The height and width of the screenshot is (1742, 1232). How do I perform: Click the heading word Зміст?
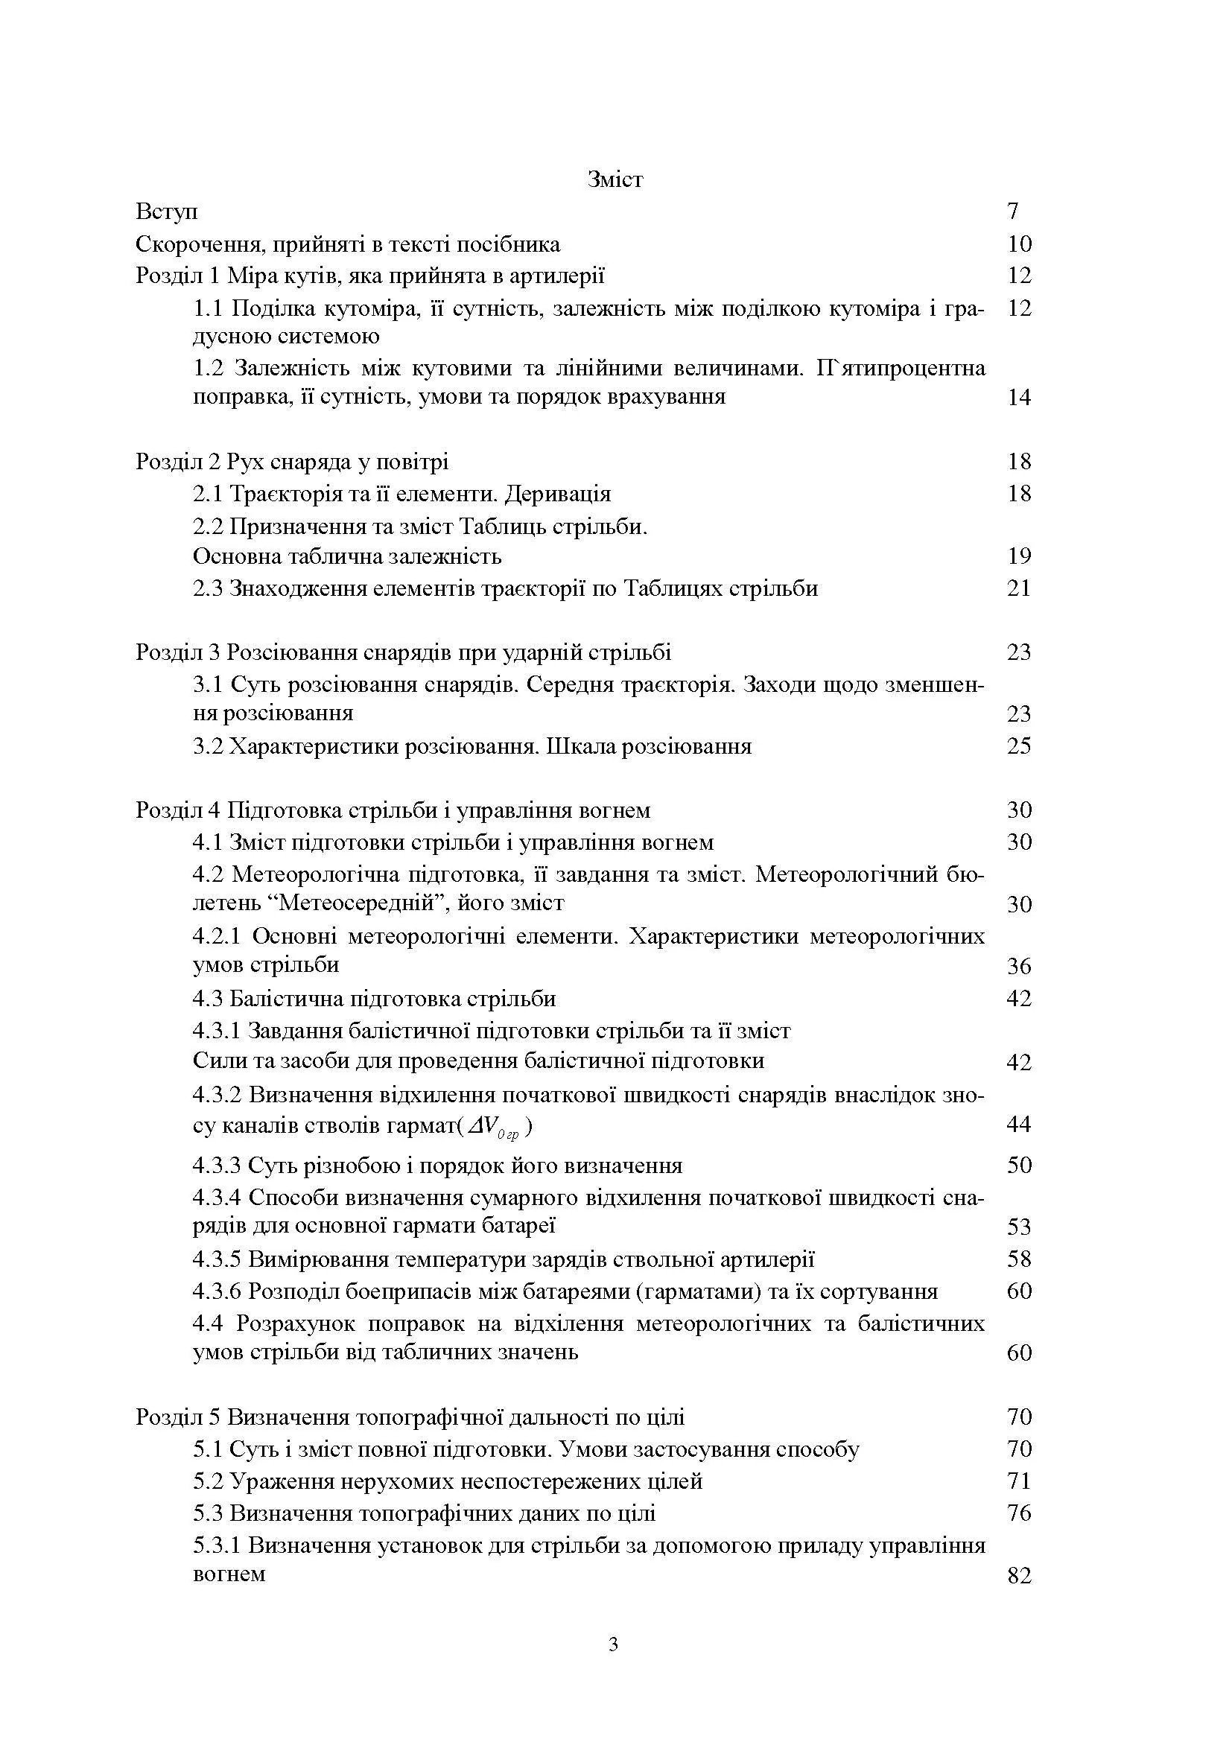615,179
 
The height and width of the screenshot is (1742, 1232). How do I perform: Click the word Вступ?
167,212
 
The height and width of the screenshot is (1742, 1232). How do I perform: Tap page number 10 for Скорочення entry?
1020,244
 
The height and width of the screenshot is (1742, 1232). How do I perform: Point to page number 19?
1020,556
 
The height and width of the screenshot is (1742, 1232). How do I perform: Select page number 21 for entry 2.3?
1020,588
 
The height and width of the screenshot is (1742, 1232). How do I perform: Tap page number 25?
1020,746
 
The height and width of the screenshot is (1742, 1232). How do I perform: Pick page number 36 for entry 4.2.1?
1020,967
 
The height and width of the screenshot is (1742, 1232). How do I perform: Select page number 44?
1020,1125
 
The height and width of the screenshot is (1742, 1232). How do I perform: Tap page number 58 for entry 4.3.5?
1020,1260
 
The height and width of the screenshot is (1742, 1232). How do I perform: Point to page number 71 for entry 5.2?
1020,1481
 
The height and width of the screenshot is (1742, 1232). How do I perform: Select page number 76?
1020,1513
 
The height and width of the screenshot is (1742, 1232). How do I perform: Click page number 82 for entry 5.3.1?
1020,1577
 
